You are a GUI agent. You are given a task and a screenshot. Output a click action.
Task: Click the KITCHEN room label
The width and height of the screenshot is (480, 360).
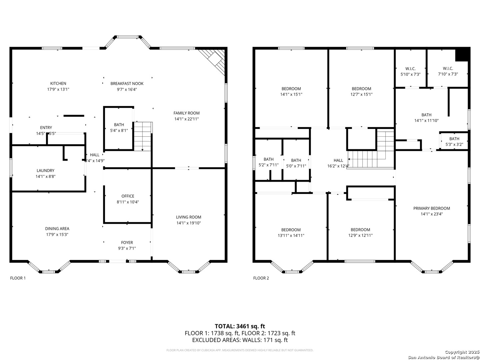point(58,83)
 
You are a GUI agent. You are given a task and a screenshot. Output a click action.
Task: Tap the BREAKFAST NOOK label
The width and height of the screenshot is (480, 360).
point(127,83)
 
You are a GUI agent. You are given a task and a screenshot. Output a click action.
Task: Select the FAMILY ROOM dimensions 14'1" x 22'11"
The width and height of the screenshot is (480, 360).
point(187,119)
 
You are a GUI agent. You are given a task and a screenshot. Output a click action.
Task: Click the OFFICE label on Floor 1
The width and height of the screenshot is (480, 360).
point(128,196)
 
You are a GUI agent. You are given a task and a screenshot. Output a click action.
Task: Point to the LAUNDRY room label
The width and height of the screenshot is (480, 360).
point(45,170)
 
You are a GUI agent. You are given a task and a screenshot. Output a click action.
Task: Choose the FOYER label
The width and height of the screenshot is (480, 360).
point(127,242)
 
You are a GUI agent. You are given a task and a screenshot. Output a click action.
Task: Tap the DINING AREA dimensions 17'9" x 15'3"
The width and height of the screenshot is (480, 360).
point(57,235)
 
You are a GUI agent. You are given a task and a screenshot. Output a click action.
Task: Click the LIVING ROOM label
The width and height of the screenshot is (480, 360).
point(188,217)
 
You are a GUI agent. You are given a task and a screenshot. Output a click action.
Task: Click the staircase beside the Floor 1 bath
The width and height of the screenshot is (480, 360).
point(143,136)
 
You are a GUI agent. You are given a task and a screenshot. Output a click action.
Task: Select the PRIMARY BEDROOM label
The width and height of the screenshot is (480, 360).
point(431,208)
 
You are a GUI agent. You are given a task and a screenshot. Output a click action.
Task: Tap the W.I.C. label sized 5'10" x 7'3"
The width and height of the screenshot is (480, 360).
point(410,69)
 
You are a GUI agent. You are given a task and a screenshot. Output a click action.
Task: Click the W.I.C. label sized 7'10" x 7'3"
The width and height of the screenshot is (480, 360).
point(448,69)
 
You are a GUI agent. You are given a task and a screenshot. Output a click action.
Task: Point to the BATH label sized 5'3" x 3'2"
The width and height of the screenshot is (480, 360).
point(454,139)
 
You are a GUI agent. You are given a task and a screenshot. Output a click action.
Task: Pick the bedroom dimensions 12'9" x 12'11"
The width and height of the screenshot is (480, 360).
point(360,235)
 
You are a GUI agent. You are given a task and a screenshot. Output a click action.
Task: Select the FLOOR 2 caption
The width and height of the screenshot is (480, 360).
point(261,278)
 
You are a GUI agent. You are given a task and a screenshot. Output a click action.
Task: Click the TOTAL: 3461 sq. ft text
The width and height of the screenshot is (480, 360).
point(240,326)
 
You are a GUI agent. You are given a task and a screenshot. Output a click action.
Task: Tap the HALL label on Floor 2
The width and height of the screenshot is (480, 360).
point(338,160)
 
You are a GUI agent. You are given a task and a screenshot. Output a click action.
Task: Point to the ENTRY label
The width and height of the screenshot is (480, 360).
point(46,128)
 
